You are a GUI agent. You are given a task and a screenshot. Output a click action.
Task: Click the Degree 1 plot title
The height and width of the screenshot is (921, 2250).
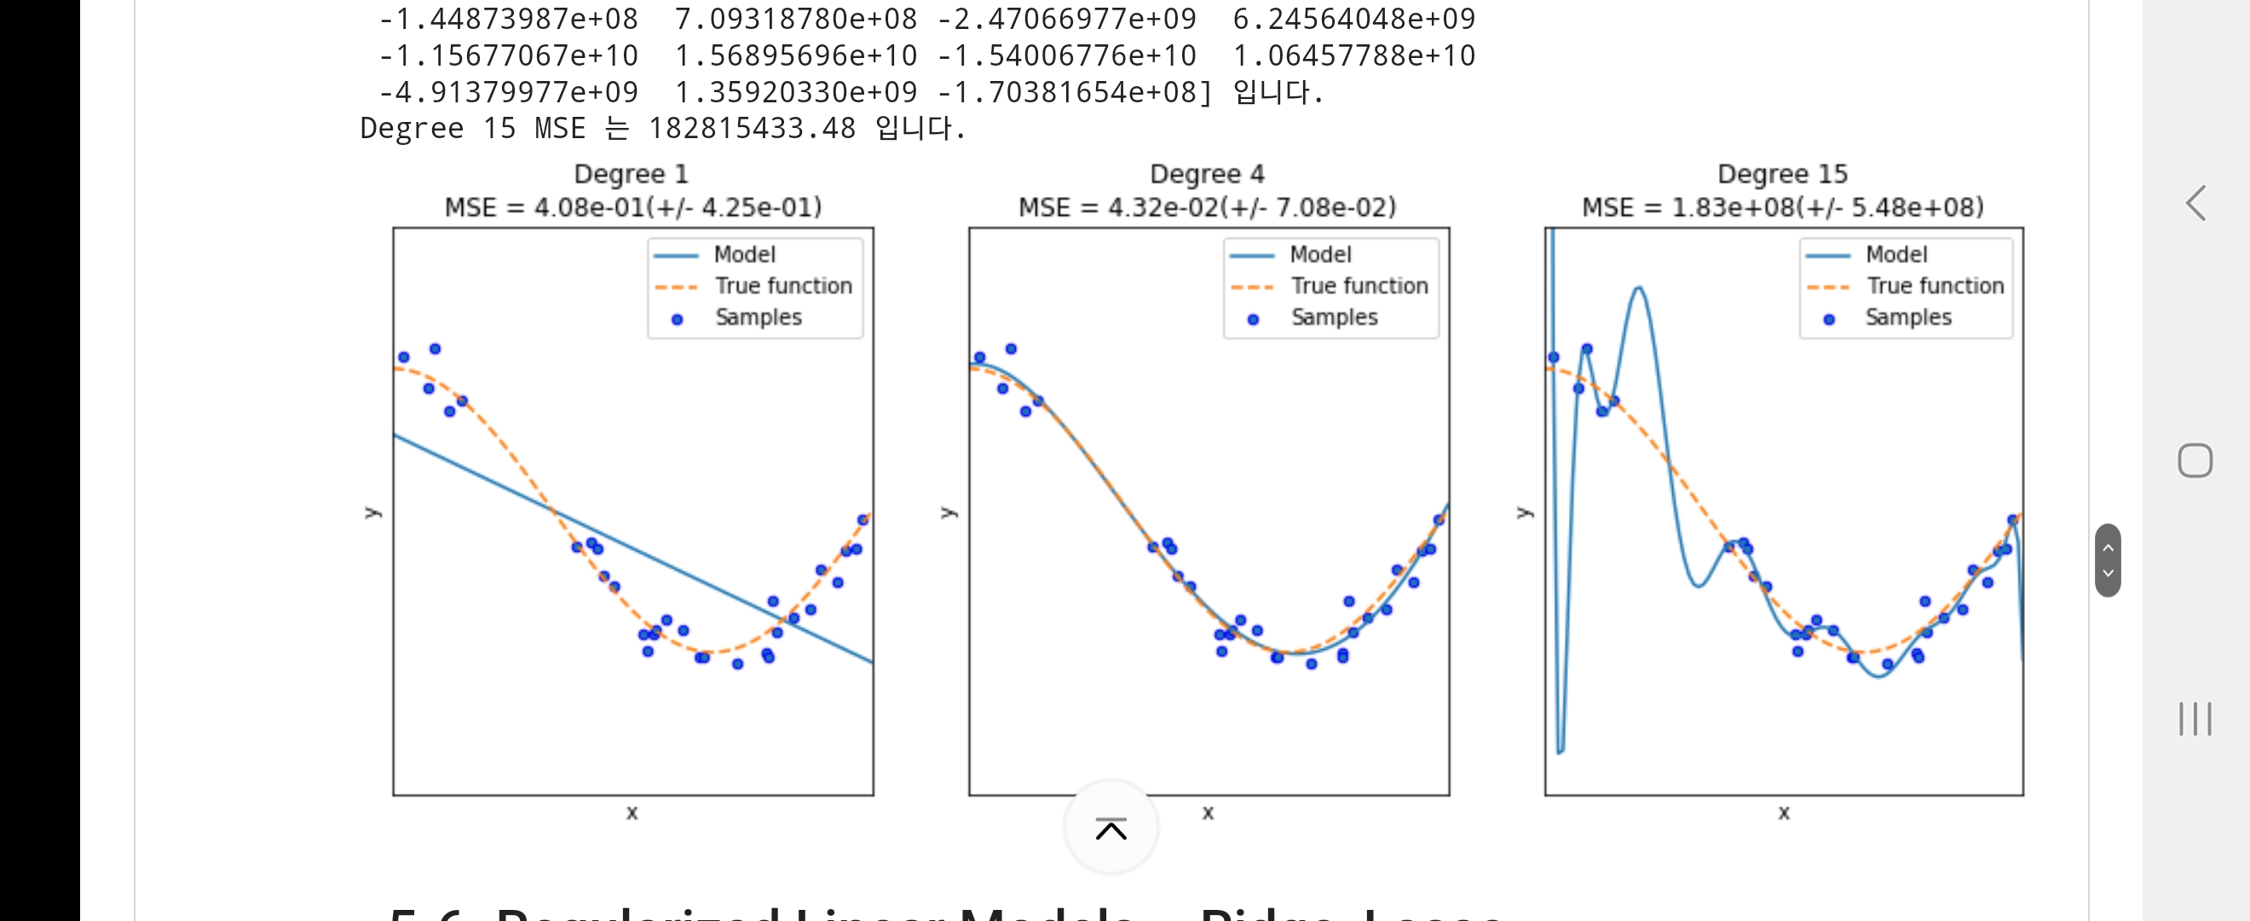631,174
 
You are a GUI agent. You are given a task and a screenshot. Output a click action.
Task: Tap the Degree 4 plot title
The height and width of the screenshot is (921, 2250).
1207,174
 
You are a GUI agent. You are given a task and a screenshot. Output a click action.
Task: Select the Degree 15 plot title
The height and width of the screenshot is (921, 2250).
1782,174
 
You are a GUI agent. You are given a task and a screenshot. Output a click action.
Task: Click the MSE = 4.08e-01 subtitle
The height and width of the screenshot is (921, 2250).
633,207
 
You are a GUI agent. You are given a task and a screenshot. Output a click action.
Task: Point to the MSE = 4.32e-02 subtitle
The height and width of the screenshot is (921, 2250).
1207,207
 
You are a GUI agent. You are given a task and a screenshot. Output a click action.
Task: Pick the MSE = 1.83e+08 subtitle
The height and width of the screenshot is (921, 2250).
1783,207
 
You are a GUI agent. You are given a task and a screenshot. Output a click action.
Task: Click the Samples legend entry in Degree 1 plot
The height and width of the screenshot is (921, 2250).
758,317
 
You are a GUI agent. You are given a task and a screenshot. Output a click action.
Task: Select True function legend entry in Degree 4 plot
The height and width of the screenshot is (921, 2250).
1359,286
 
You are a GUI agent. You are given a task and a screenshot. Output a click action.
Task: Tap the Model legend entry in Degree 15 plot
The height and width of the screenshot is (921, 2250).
1895,254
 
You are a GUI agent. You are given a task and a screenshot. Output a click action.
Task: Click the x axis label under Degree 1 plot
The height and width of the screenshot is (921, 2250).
632,813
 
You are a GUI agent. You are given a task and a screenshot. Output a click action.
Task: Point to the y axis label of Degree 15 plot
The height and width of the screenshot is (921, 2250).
1524,512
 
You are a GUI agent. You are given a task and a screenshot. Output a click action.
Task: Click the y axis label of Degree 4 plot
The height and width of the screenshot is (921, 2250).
949,512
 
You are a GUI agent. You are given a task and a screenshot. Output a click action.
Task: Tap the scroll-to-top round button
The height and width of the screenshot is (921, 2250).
1111,827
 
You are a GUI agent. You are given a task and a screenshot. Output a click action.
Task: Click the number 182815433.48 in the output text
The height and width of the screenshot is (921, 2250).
751,129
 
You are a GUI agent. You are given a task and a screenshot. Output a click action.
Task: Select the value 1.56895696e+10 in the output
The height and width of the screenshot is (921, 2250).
796,56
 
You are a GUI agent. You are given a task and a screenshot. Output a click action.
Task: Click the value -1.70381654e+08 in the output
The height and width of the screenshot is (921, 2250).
1074,92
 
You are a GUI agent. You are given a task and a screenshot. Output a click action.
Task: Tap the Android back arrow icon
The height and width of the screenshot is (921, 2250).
2195,204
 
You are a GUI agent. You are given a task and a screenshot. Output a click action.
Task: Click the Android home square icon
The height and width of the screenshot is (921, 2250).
2195,460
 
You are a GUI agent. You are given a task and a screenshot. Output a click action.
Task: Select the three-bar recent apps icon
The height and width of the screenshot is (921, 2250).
2195,718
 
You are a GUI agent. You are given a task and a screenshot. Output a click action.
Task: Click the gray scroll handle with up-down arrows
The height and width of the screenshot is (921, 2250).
2108,560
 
